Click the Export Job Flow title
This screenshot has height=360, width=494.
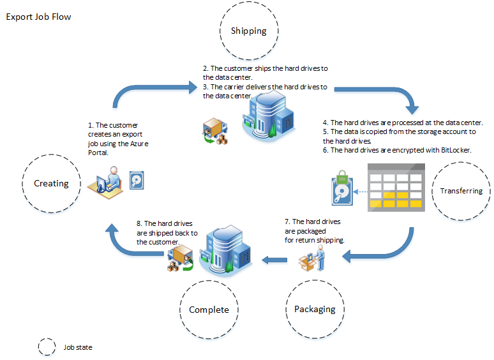(x=38, y=17)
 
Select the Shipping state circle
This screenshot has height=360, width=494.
(x=248, y=31)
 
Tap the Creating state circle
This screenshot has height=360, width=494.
(x=51, y=183)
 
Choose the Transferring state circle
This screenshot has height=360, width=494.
(x=461, y=191)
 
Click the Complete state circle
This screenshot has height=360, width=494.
(x=209, y=310)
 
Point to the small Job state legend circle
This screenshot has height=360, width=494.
(x=47, y=347)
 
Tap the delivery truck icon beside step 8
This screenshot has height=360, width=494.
(x=180, y=259)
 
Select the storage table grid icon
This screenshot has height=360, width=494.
(x=396, y=188)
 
